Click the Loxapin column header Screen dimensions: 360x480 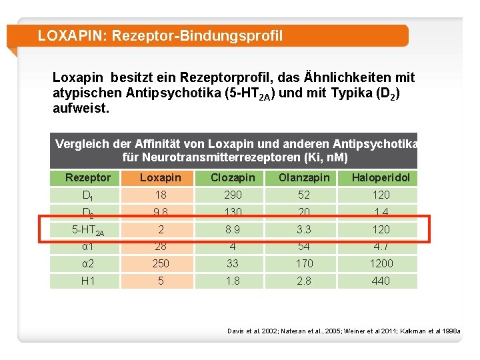(161, 177)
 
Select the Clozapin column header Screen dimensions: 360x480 (233, 177)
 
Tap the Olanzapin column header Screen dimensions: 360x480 (304, 177)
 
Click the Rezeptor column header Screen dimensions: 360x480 (88, 177)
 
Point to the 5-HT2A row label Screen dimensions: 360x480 (88, 230)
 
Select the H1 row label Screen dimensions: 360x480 (88, 281)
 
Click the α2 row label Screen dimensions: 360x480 (88, 263)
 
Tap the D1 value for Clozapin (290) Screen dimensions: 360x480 (233, 195)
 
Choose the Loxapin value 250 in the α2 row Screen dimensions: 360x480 (161, 263)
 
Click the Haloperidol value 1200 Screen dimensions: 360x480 (381, 263)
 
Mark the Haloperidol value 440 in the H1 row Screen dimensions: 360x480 (381, 281)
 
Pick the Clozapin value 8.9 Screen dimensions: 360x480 (233, 229)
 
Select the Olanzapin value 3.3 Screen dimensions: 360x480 (304, 229)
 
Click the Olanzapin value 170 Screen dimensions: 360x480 (304, 263)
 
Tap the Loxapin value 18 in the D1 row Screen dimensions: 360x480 (161, 195)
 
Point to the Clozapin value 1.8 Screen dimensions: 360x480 (233, 281)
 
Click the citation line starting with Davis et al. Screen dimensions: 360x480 (343, 331)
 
